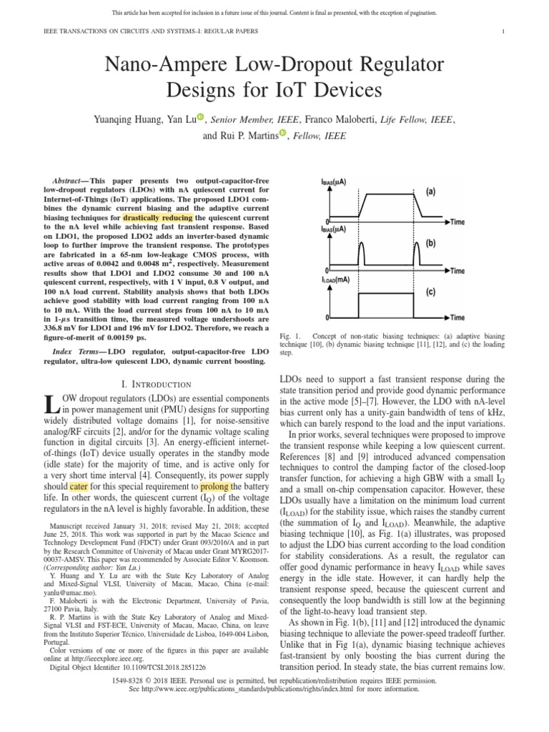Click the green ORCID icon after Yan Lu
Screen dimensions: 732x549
pyautogui.click(x=200, y=117)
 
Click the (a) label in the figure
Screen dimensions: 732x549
pyautogui.click(x=431, y=192)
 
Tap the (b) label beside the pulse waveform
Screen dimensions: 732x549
pyautogui.click(x=431, y=243)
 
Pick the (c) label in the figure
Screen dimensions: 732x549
pyautogui.click(x=431, y=292)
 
